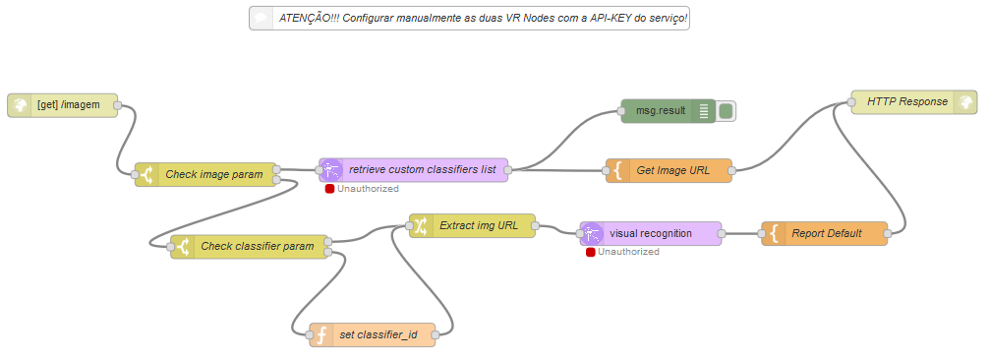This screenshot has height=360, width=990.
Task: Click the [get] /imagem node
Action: coord(63,105)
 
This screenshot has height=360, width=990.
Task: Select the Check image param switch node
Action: coord(205,174)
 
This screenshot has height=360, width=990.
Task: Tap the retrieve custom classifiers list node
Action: coord(414,170)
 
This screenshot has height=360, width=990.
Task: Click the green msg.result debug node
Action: coord(669,111)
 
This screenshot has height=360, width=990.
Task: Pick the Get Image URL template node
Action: coord(669,170)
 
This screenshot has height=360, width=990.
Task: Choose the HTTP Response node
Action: coord(913,102)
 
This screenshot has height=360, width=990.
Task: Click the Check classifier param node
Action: coord(250,247)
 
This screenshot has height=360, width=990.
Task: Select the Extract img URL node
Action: coord(472,225)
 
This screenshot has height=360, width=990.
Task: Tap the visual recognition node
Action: coord(650,234)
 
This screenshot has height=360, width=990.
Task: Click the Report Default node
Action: coord(825,234)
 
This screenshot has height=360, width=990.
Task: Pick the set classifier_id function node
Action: coord(373,334)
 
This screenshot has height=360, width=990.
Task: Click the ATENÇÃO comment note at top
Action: coord(469,19)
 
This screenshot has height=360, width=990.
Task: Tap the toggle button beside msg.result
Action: coord(726,111)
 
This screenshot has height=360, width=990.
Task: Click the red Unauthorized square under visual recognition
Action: coord(590,252)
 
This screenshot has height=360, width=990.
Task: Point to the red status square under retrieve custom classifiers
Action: coord(329,189)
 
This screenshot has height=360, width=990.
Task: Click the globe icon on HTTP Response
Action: coord(964,102)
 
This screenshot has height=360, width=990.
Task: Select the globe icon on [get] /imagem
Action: coord(20,105)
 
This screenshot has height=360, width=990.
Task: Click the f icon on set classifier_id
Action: coord(320,334)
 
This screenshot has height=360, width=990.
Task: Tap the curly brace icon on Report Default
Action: coord(774,234)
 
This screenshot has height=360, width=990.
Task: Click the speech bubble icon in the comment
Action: coord(261,19)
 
